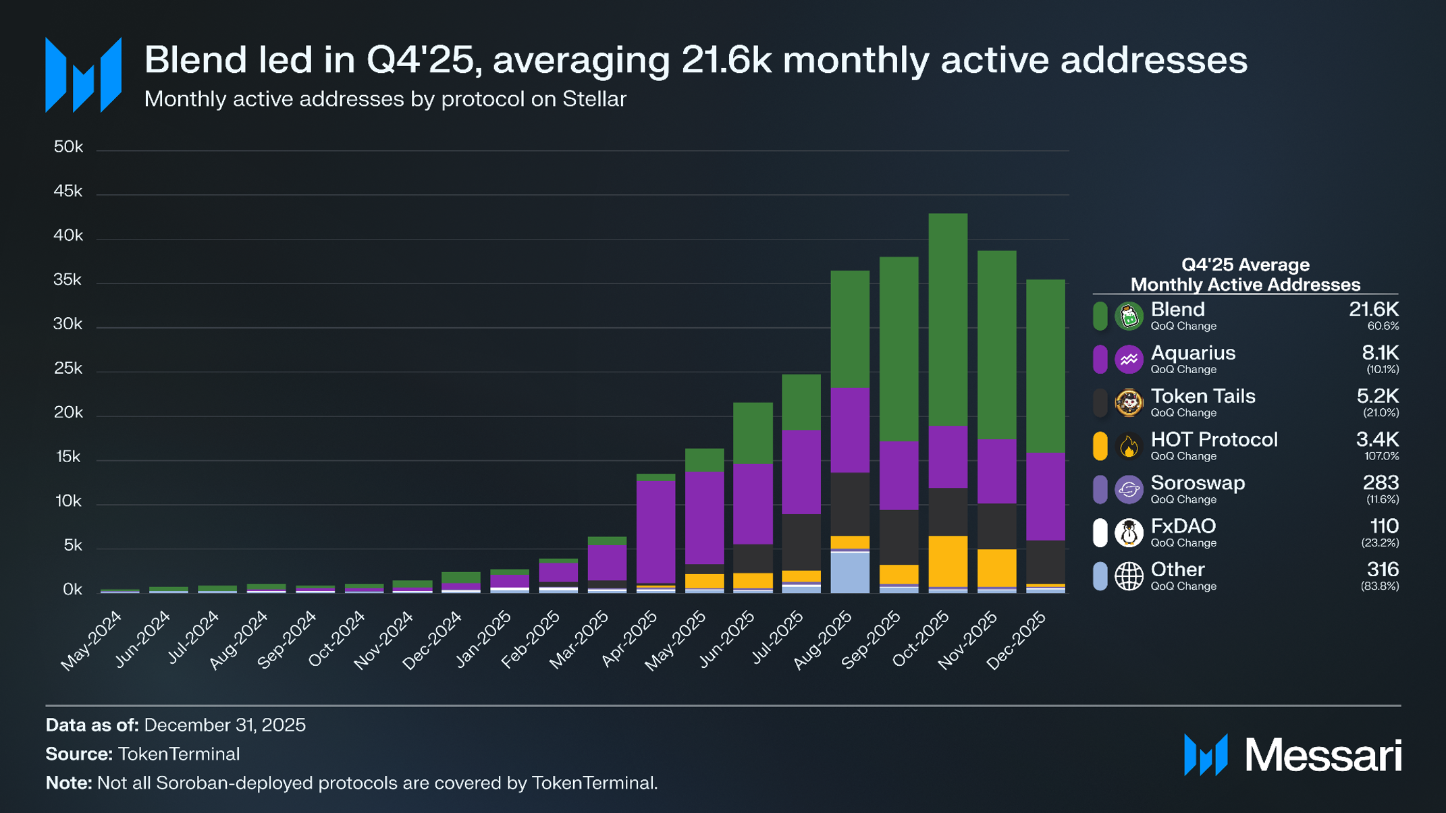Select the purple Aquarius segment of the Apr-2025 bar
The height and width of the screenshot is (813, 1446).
655,532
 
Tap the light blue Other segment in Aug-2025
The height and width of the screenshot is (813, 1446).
850,573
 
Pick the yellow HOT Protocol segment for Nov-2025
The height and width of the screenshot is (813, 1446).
997,567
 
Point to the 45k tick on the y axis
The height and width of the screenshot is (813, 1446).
68,192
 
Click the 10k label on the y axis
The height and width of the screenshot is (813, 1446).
68,501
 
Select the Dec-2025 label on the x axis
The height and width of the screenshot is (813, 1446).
1017,639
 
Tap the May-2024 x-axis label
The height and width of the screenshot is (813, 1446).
92,640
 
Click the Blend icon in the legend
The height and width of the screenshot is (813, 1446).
1129,316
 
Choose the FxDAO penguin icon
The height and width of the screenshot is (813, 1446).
1129,533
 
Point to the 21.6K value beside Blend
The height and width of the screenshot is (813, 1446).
1373,310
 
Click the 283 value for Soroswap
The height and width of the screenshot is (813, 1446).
1381,483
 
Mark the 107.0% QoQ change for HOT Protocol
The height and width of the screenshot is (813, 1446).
1381,456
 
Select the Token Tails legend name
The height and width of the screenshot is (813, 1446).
1203,396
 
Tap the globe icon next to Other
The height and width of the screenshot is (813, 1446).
1129,576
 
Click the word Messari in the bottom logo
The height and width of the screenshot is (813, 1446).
1323,755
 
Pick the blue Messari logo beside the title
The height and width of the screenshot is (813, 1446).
83,75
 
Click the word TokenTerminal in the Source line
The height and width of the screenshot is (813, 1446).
179,754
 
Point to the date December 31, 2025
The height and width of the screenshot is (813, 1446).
225,725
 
